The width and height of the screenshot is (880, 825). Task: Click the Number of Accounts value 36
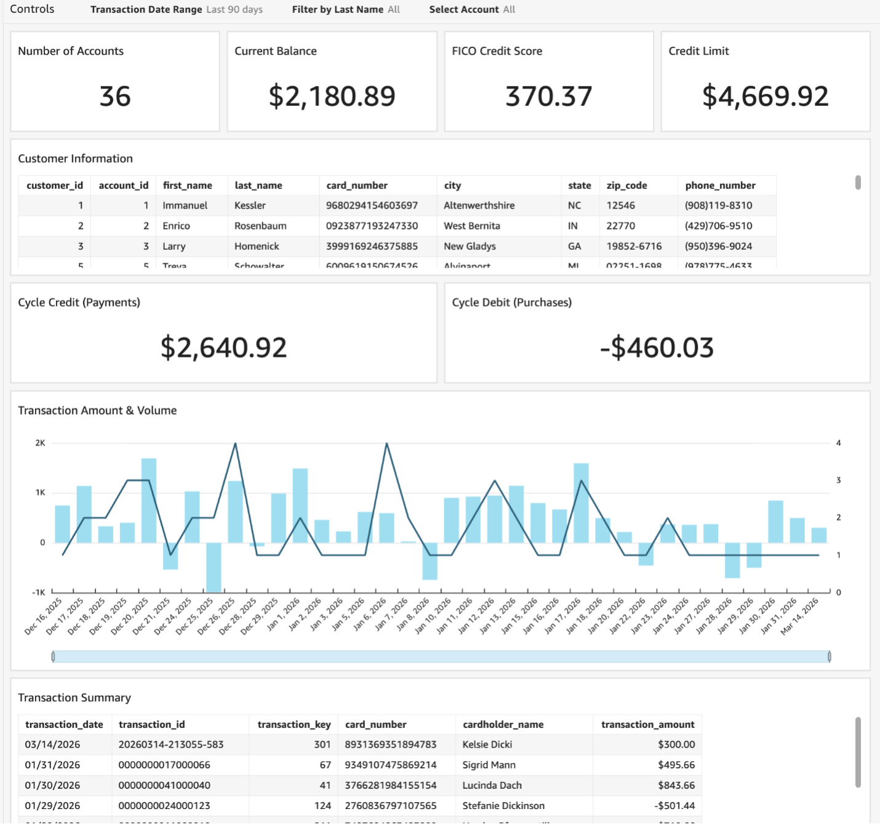[x=115, y=97]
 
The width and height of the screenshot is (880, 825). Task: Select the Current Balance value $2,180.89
[x=332, y=97]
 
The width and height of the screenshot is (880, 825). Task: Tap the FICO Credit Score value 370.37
[x=548, y=97]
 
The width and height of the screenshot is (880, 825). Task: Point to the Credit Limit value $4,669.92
[x=765, y=97]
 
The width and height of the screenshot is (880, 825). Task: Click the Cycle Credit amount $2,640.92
[x=223, y=348]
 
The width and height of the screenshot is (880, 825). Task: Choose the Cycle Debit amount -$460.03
[x=657, y=348]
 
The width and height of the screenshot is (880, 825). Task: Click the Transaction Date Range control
[x=176, y=10]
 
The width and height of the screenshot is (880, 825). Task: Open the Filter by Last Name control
[x=345, y=10]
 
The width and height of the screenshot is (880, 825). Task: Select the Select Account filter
[x=471, y=10]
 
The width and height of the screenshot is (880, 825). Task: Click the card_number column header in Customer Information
[x=357, y=185]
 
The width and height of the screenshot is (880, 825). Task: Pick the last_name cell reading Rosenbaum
[x=260, y=226]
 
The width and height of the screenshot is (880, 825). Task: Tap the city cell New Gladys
[x=470, y=246]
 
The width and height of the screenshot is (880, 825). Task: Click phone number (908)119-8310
[x=718, y=205]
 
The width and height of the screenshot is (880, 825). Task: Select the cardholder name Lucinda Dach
[x=492, y=785]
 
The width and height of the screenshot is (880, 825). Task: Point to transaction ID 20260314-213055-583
[x=171, y=744]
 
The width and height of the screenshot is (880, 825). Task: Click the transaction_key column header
[x=294, y=724]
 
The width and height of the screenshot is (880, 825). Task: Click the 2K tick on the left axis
[x=40, y=443]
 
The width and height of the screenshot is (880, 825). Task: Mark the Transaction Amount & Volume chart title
[x=97, y=410]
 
